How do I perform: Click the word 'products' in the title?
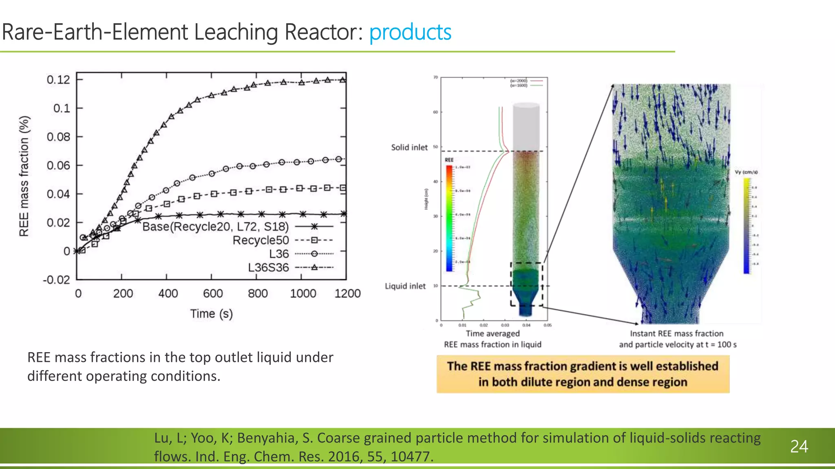pos(410,32)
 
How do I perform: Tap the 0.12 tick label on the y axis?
pos(58,80)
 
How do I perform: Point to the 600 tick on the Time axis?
pos(213,294)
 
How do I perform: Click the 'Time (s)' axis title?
pos(211,314)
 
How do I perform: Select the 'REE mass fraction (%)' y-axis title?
pos(24,176)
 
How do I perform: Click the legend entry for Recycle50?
pos(261,240)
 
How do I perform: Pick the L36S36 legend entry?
pos(268,267)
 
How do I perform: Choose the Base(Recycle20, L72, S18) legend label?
pos(215,226)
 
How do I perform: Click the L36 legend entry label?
pos(279,254)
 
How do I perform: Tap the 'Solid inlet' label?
pos(409,147)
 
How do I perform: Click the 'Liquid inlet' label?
pos(405,286)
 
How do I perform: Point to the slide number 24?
pos(799,447)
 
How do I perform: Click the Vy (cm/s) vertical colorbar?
pos(747,226)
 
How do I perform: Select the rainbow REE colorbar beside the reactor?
pos(449,218)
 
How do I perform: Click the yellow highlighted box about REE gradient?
pos(583,374)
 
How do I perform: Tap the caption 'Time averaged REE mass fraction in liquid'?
pos(493,339)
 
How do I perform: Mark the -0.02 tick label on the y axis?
pos(57,280)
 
